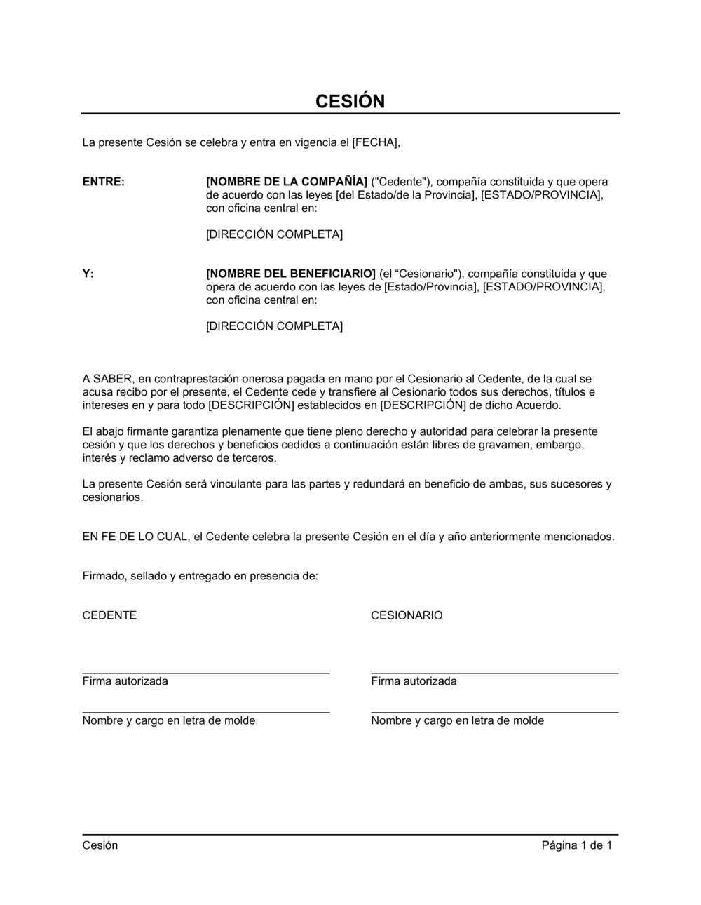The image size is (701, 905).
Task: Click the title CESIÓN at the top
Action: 350,101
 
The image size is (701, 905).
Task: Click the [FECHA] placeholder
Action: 375,142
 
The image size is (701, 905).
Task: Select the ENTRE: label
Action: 104,182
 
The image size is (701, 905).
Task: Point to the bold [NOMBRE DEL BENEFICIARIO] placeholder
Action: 291,274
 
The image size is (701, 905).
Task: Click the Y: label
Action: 88,274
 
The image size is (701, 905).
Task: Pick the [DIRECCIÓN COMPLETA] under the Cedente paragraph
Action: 274,234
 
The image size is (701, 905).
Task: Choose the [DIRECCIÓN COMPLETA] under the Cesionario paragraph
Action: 274,326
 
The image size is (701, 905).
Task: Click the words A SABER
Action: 107,379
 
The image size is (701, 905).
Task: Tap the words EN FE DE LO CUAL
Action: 135,537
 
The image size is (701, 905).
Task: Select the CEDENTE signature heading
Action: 109,615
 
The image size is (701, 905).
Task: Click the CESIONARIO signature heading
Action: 407,615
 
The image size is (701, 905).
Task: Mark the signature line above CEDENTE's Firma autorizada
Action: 206,673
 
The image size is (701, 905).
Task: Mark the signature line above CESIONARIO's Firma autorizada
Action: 494,673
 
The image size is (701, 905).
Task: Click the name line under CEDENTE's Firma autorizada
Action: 206,712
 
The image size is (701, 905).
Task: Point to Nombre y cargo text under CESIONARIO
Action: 457,720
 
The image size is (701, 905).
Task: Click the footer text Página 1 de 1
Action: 576,845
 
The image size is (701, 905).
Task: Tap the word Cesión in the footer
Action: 100,845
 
